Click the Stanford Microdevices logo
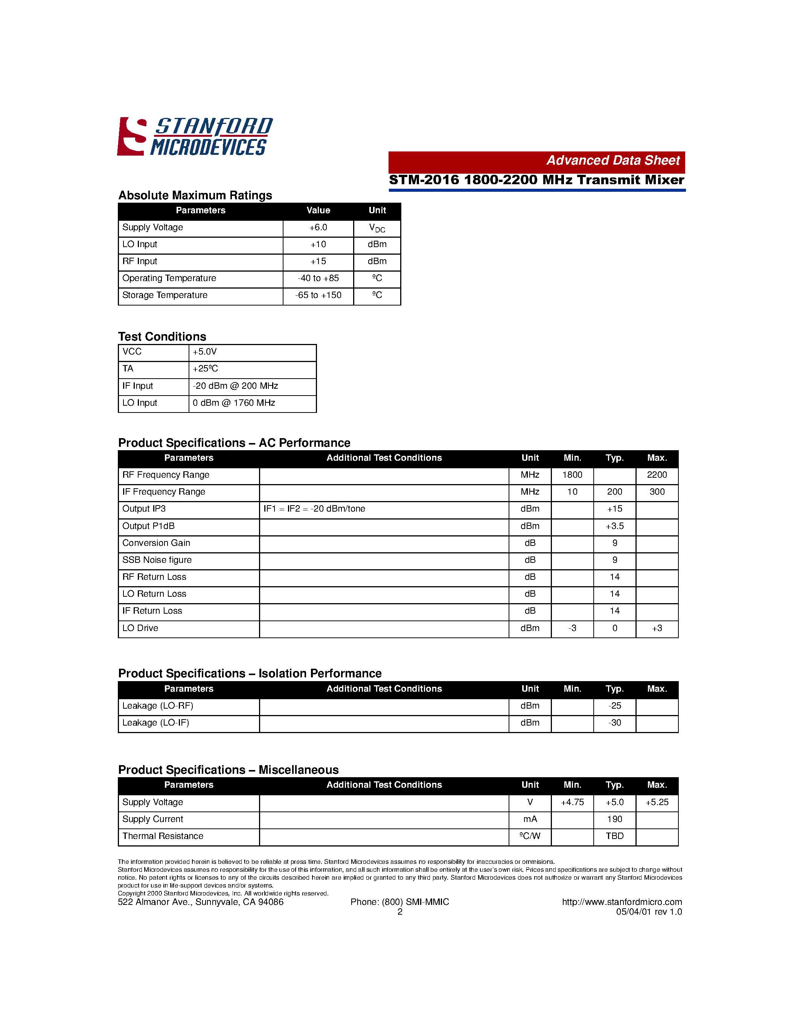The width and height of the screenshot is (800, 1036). click(x=194, y=137)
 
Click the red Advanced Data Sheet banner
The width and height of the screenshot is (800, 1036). click(x=536, y=161)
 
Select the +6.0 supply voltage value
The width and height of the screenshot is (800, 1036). click(x=318, y=228)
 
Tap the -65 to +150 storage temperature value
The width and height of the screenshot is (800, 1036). click(x=318, y=295)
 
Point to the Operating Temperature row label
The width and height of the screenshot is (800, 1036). click(x=169, y=278)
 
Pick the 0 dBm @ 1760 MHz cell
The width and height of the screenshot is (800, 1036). click(x=234, y=403)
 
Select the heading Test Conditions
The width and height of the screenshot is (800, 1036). click(x=162, y=337)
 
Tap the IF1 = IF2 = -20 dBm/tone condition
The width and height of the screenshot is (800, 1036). click(x=314, y=509)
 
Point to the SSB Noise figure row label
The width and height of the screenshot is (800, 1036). click(x=157, y=560)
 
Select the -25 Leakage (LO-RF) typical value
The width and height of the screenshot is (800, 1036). click(x=615, y=706)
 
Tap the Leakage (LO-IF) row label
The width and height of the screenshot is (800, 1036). click(x=155, y=723)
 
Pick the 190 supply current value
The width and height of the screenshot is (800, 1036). click(x=615, y=819)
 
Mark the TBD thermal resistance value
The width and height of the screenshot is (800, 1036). click(x=615, y=836)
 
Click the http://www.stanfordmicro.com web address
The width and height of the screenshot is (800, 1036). click(x=622, y=902)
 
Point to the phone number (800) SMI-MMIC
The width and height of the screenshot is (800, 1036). click(x=415, y=902)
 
